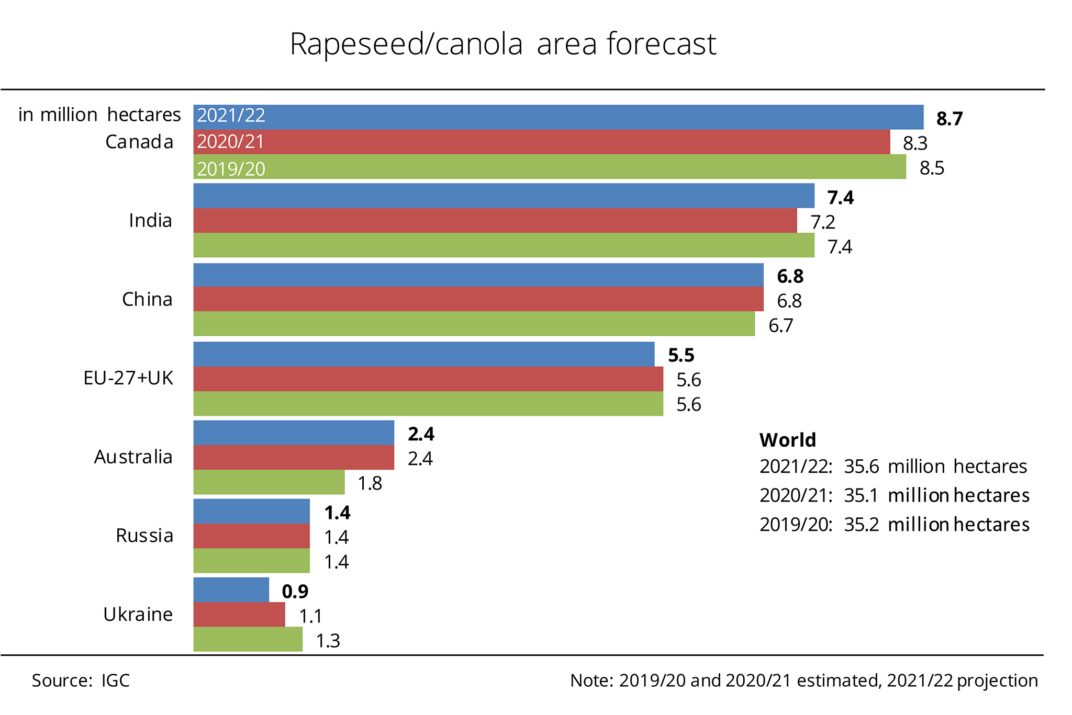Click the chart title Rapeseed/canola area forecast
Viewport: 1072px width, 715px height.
[502, 44]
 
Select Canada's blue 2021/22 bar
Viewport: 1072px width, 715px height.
[558, 117]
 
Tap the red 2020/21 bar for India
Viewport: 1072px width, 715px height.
[495, 221]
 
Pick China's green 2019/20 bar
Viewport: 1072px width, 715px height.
[474, 324]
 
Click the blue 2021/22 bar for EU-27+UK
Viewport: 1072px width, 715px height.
[423, 355]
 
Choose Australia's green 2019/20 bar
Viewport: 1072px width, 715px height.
[269, 482]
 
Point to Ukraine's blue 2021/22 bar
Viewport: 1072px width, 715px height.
[231, 590]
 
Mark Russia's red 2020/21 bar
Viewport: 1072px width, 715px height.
[251, 536]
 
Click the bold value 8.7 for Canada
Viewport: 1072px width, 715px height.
[949, 119]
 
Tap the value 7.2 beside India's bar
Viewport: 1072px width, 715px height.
[822, 223]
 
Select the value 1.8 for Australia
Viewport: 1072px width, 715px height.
[370, 484]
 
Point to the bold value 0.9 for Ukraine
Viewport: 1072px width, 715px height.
[295, 592]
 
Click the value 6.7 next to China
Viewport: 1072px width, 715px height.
[780, 326]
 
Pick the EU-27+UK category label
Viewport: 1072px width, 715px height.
[128, 378]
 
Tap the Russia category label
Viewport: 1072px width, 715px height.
[144, 536]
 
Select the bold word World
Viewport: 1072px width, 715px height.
[787, 440]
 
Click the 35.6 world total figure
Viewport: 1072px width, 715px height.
[861, 467]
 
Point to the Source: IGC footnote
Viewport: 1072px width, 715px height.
[81, 680]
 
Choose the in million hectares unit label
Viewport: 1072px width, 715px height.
[99, 115]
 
